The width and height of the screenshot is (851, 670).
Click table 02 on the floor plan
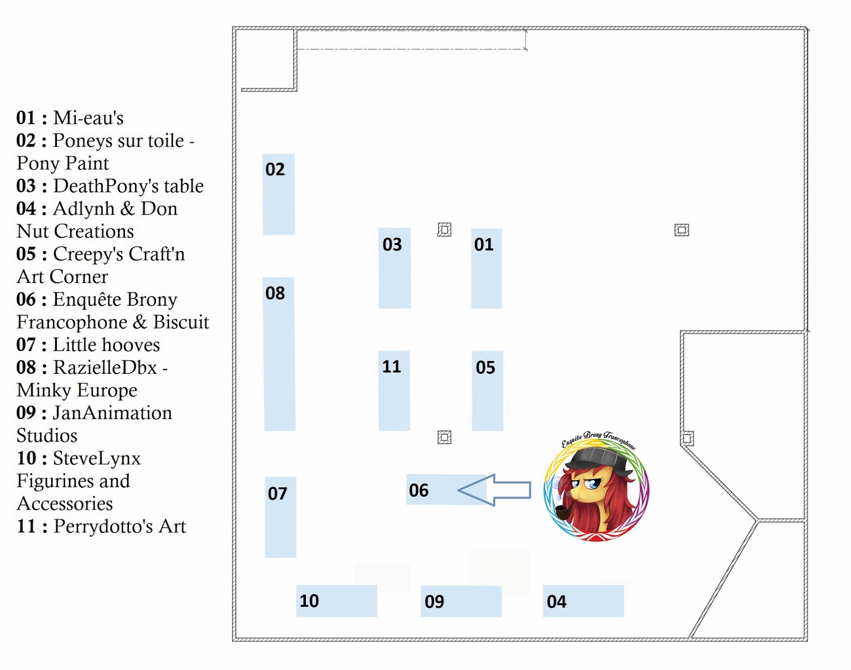pos(279,195)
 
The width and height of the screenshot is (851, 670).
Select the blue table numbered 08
pos(280,354)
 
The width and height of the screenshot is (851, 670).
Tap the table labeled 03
pos(394,269)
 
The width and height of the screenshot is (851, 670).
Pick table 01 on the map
pos(486,269)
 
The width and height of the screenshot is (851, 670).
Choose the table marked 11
pos(394,391)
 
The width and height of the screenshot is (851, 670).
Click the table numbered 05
pos(487,391)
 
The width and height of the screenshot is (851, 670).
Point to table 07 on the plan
pos(280,517)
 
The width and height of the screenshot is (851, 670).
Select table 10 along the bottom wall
pos(336,601)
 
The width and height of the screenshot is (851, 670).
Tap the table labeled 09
pos(461,601)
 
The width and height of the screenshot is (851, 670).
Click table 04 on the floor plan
pos(583,601)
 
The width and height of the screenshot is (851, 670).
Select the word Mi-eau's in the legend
pos(88,118)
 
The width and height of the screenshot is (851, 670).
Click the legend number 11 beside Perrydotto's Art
pos(26,526)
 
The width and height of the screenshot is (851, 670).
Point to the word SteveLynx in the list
pos(97,458)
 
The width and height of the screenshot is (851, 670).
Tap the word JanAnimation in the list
pos(112,413)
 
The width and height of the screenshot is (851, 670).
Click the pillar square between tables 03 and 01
pos(444,229)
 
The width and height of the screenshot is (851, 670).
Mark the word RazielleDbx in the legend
pos(105,367)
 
